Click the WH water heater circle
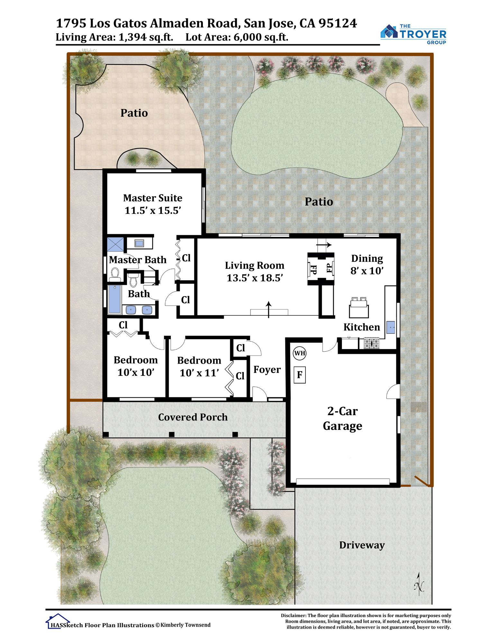pos(299,353)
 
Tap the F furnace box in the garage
pos(300,375)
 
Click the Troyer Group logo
pos(413,34)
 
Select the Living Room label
pos(255,265)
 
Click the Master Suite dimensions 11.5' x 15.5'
pos(153,210)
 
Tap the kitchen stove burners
pos(371,343)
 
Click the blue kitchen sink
pos(391,327)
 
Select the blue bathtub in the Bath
pos(115,299)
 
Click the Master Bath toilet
pos(115,276)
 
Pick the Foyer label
pos(267,369)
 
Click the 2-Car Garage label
pos(342,418)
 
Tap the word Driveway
pos(362,545)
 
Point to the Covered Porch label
pos(193,417)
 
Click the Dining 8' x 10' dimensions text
pos(367,271)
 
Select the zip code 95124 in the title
pos(338,23)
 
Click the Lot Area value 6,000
pos(247,37)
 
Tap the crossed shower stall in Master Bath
pos(115,244)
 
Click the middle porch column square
pos(172,434)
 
